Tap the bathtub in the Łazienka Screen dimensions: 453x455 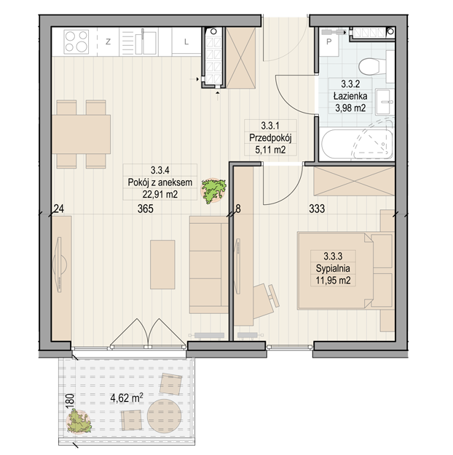(357, 144)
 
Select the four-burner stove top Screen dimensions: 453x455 (76, 41)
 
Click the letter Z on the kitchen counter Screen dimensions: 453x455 (108, 41)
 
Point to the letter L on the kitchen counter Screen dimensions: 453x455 (186, 41)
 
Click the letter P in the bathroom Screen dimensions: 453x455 (329, 41)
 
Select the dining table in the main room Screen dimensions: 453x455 (82, 134)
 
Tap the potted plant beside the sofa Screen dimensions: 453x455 (214, 190)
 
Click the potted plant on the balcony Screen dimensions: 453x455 (79, 421)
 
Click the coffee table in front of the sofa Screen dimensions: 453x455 (162, 265)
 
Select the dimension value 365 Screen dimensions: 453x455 (146, 209)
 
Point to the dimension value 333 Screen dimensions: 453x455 (317, 209)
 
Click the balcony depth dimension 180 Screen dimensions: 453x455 (71, 401)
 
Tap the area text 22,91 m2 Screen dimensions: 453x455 (160, 194)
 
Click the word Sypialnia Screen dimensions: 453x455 (333, 269)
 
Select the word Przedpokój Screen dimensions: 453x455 (270, 138)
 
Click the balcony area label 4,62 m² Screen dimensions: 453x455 (127, 398)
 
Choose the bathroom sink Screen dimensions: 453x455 (385, 102)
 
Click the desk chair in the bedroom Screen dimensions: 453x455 (265, 301)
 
